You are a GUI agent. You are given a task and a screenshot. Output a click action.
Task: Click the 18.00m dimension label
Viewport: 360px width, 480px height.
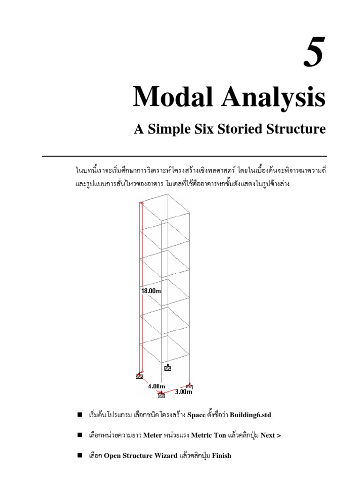click(x=151, y=291)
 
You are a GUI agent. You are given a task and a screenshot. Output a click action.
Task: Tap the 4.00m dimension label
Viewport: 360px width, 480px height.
click(x=156, y=386)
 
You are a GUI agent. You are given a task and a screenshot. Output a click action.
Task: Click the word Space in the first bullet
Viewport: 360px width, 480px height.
click(x=196, y=415)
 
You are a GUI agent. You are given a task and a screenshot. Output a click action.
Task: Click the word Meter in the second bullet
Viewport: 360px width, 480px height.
click(x=152, y=435)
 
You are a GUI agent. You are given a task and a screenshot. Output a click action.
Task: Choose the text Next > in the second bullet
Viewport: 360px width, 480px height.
click(x=271, y=435)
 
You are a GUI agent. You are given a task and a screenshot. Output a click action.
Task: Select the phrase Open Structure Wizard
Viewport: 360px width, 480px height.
click(x=141, y=456)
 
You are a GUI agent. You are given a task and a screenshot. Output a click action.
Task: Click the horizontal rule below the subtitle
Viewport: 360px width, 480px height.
click(x=184, y=156)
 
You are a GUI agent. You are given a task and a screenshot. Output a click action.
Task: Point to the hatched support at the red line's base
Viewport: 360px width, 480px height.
click(x=140, y=375)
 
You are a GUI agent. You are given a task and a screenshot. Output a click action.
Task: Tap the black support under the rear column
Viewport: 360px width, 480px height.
click(x=168, y=367)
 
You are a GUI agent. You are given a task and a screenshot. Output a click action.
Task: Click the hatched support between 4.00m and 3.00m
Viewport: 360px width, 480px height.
click(x=162, y=395)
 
